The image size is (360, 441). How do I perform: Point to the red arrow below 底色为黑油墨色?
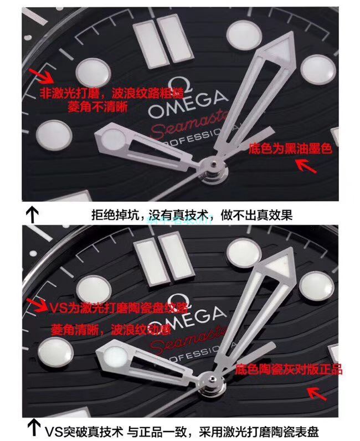[x=308, y=165]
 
